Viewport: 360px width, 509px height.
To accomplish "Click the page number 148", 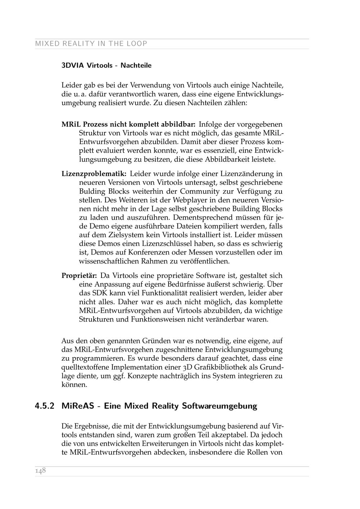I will click(40, 471).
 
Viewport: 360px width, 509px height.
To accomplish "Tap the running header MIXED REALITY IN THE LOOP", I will click(91, 44).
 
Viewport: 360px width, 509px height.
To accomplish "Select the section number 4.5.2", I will click(45, 406).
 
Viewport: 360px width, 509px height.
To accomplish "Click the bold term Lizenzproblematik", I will click(94, 174).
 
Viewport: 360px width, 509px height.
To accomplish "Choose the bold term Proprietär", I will click(79, 276).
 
